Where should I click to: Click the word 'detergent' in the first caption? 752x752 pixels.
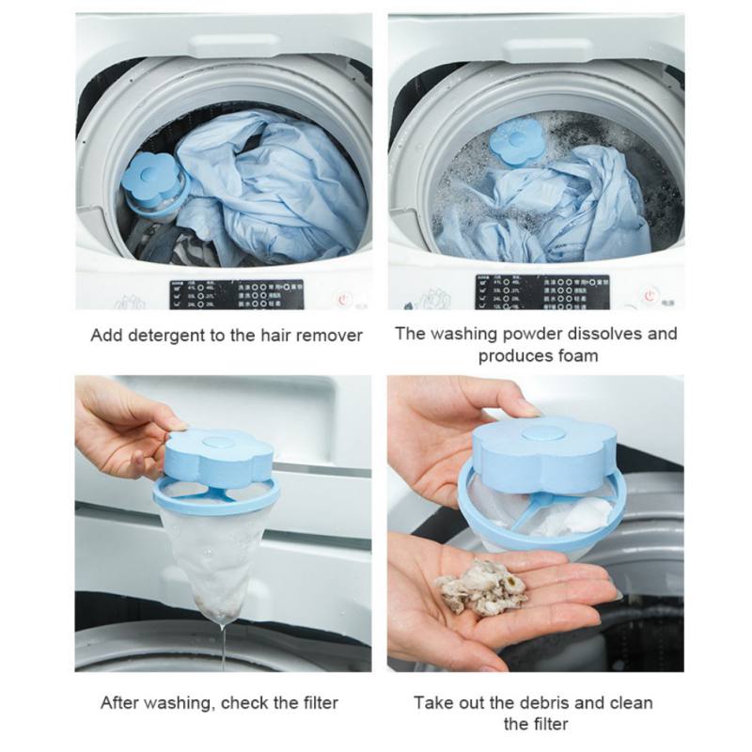coord(166,336)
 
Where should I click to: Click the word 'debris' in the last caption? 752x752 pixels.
coord(544,703)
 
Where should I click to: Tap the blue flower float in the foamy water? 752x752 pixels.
coord(516,145)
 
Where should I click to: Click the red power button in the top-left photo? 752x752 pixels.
coord(344,297)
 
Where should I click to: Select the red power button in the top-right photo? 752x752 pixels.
coord(650,295)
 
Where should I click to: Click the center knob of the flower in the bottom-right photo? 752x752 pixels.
coord(532,433)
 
